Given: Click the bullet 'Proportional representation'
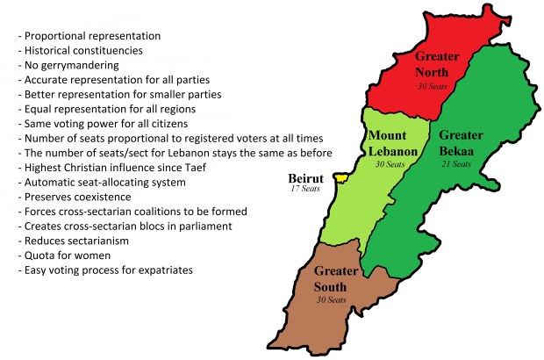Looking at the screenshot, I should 93,36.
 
